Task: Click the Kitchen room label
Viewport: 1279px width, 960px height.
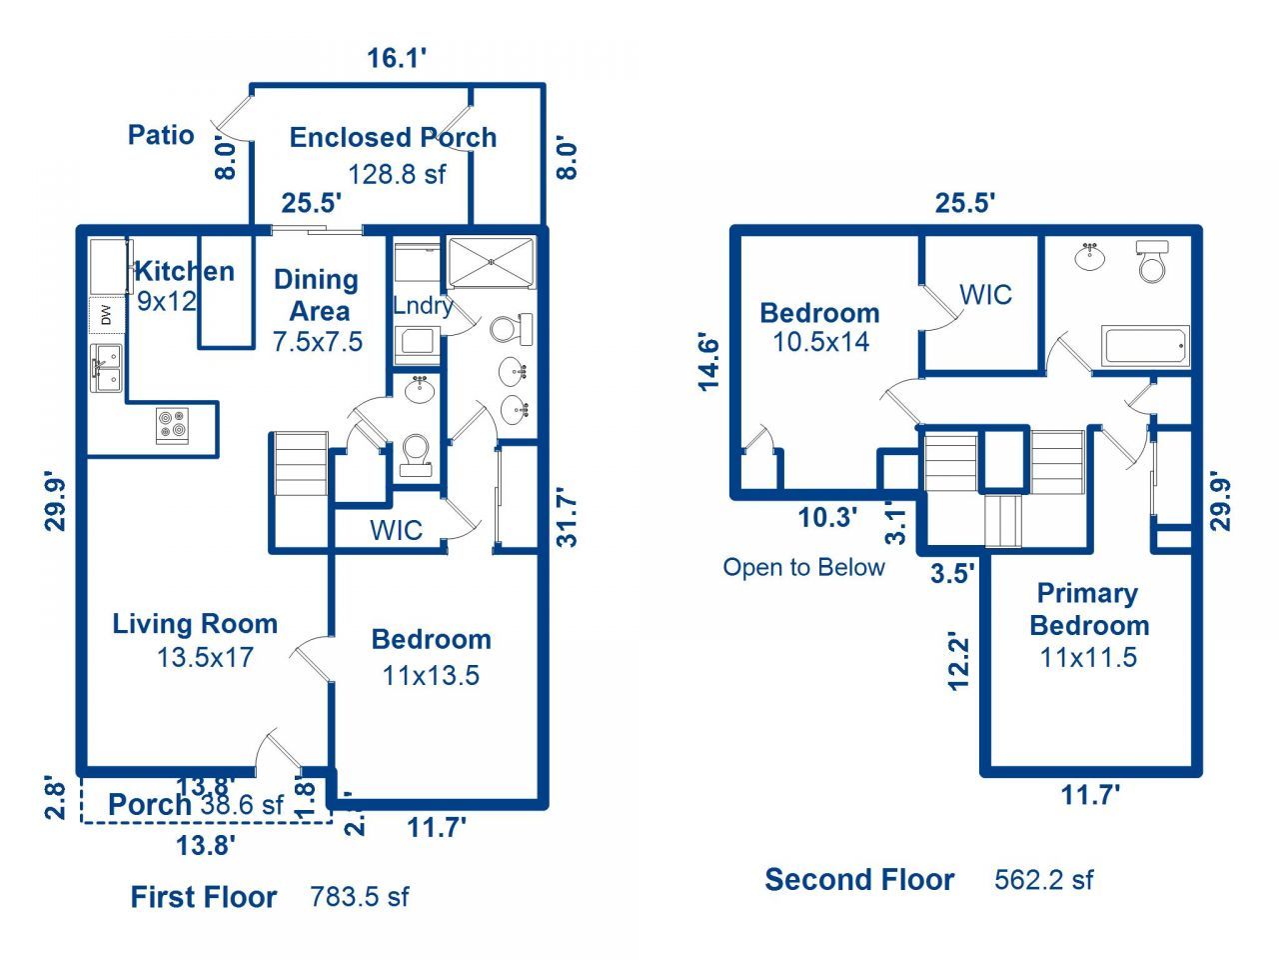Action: click(185, 271)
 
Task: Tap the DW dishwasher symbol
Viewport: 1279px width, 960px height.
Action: click(106, 316)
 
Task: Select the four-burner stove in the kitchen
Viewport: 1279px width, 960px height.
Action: click(172, 426)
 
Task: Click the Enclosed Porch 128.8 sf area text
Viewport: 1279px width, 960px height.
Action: click(396, 174)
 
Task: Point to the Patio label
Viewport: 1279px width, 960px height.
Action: click(161, 135)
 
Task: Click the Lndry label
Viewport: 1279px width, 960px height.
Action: click(423, 306)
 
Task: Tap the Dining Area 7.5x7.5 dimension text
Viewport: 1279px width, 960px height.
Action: click(318, 342)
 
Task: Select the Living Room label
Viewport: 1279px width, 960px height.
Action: click(195, 624)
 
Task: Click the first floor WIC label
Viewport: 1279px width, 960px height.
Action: click(396, 530)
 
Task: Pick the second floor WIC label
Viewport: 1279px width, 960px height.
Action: click(985, 295)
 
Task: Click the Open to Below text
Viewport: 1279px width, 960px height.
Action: click(803, 568)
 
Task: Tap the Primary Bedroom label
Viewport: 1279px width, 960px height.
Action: click(1088, 609)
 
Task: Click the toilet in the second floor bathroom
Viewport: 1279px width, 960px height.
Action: click(1152, 262)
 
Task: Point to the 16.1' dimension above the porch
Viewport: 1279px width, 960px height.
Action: click(397, 58)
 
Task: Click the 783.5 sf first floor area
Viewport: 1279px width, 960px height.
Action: click(360, 896)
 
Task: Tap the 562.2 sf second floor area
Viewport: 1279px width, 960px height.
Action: click(1043, 880)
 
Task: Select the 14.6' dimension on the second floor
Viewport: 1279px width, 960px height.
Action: click(708, 361)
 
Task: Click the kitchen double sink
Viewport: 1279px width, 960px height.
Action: click(106, 367)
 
